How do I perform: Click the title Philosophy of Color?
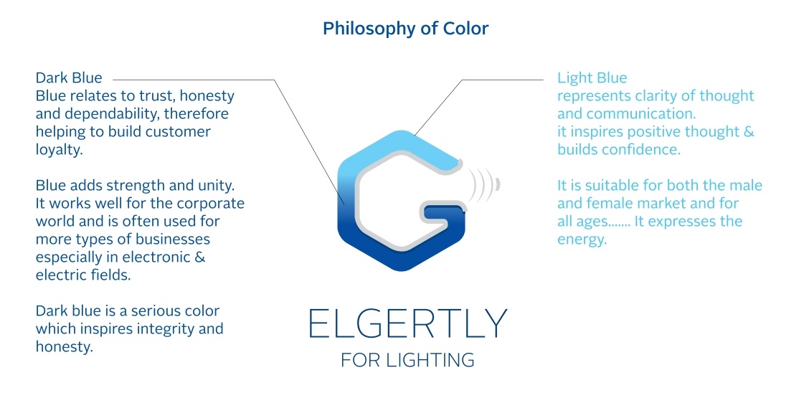pyautogui.click(x=406, y=29)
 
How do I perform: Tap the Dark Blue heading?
pyautogui.click(x=69, y=78)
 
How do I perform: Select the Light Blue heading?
pyautogui.click(x=592, y=78)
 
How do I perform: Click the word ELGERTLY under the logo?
pyautogui.click(x=408, y=323)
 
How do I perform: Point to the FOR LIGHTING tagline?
pyautogui.click(x=407, y=361)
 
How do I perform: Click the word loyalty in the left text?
pyautogui.click(x=59, y=150)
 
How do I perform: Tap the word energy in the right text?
pyautogui.click(x=582, y=240)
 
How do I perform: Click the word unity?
pyautogui.click(x=216, y=186)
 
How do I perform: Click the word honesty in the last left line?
pyautogui.click(x=64, y=347)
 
